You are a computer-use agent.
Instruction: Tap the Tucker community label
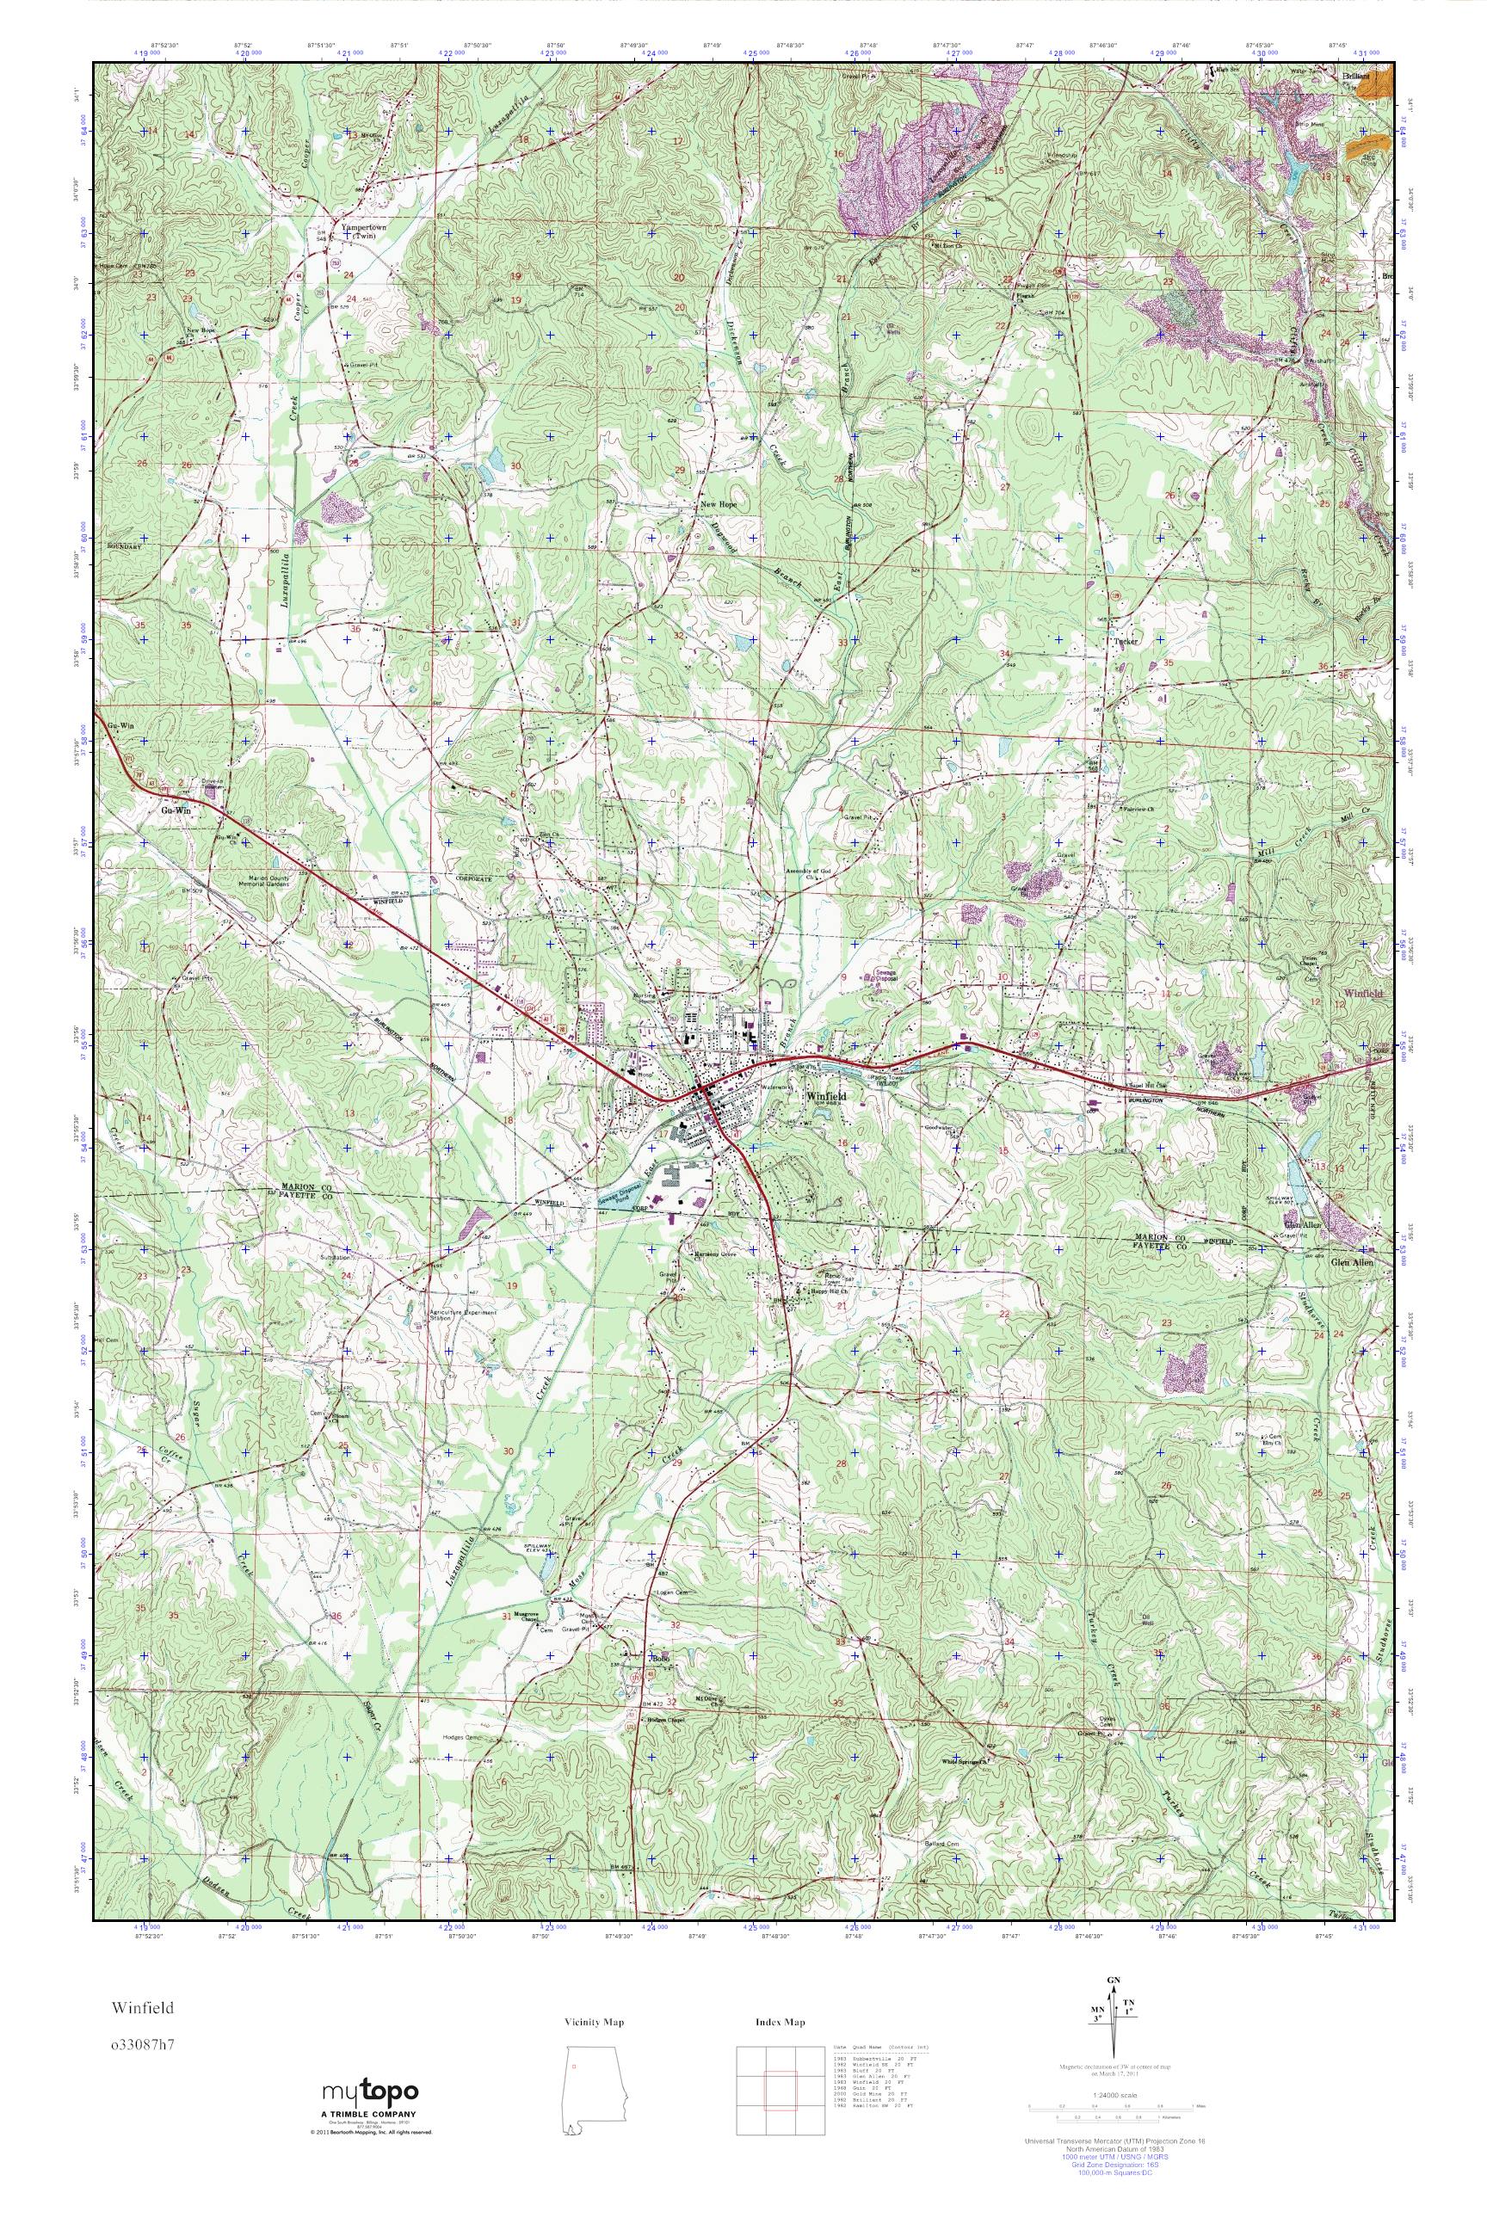point(1126,642)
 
